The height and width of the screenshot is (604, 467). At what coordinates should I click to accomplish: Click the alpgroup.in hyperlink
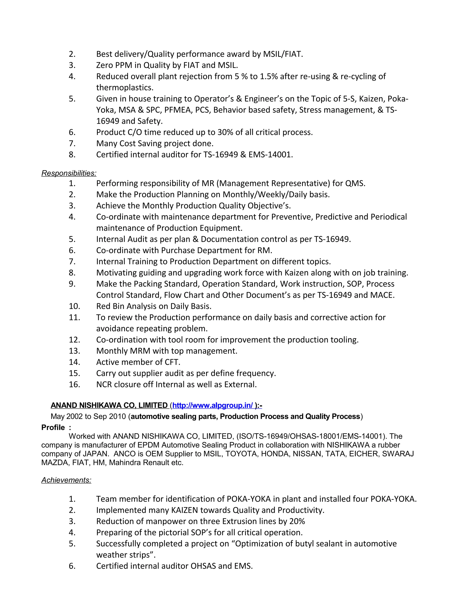[212, 405]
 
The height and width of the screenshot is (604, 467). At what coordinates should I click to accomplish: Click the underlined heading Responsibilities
[69, 173]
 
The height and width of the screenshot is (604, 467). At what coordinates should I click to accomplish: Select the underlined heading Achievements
[66, 480]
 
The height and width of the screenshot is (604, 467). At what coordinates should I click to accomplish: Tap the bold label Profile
[53, 428]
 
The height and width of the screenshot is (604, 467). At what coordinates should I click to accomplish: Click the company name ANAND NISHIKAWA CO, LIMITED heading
[109, 405]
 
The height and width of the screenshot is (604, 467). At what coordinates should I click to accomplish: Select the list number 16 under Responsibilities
[74, 385]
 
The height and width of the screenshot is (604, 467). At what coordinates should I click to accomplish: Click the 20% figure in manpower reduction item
[297, 521]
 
